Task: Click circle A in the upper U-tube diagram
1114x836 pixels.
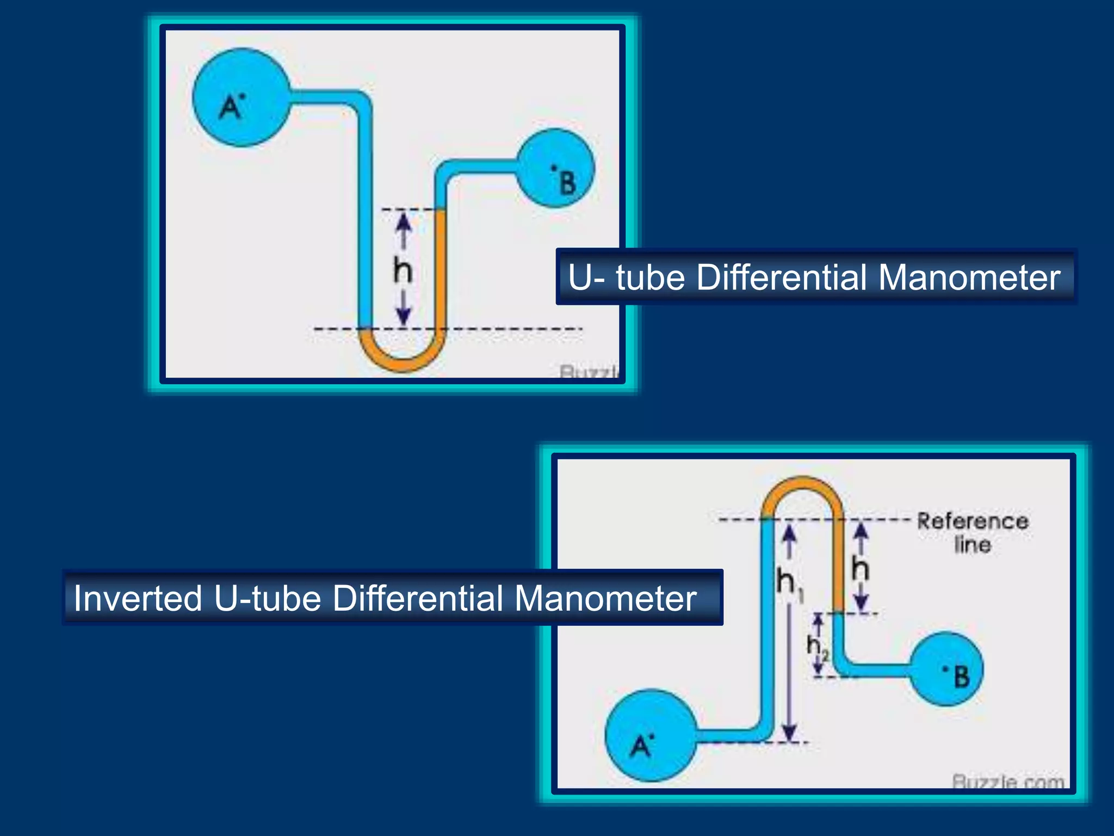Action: point(242,97)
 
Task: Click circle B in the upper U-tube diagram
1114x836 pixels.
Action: point(555,168)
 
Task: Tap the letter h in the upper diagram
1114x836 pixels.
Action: point(403,271)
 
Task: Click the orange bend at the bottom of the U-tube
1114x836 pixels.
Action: point(403,359)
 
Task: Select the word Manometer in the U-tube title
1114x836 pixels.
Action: point(969,277)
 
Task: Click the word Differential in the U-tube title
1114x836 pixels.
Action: point(782,277)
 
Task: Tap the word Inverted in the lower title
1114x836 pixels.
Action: point(138,598)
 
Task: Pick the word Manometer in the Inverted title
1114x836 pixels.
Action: point(605,598)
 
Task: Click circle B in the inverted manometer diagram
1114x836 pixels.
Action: point(947,669)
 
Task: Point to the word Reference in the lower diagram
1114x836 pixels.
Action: point(973,521)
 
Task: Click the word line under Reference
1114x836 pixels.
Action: point(973,545)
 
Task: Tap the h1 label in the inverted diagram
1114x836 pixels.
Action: point(789,583)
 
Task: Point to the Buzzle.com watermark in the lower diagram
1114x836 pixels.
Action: point(1008,782)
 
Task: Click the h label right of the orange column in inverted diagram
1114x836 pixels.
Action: point(861,569)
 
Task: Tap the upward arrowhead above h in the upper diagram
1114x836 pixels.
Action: point(403,220)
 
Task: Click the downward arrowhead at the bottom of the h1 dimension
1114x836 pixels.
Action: point(790,733)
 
